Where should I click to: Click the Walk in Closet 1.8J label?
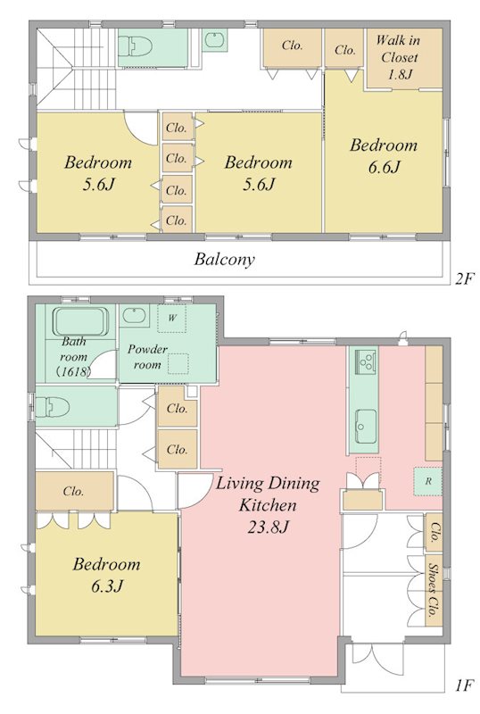tap(398, 57)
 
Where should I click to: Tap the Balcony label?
tap(225, 260)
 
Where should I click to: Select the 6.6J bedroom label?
tap(384, 156)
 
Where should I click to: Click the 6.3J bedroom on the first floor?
tap(106, 575)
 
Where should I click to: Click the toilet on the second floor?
tap(136, 46)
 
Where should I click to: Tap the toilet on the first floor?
tap(52, 407)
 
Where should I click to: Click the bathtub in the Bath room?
tap(80, 321)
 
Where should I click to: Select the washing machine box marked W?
tap(171, 318)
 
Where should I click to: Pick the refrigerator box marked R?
tap(427, 481)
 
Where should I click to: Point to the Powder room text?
tap(147, 357)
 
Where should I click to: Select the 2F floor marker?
tap(464, 278)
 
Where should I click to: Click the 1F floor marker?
tap(464, 685)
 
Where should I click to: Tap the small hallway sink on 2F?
tap(214, 40)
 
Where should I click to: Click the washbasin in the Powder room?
tap(134, 315)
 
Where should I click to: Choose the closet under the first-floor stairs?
tap(74, 491)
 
